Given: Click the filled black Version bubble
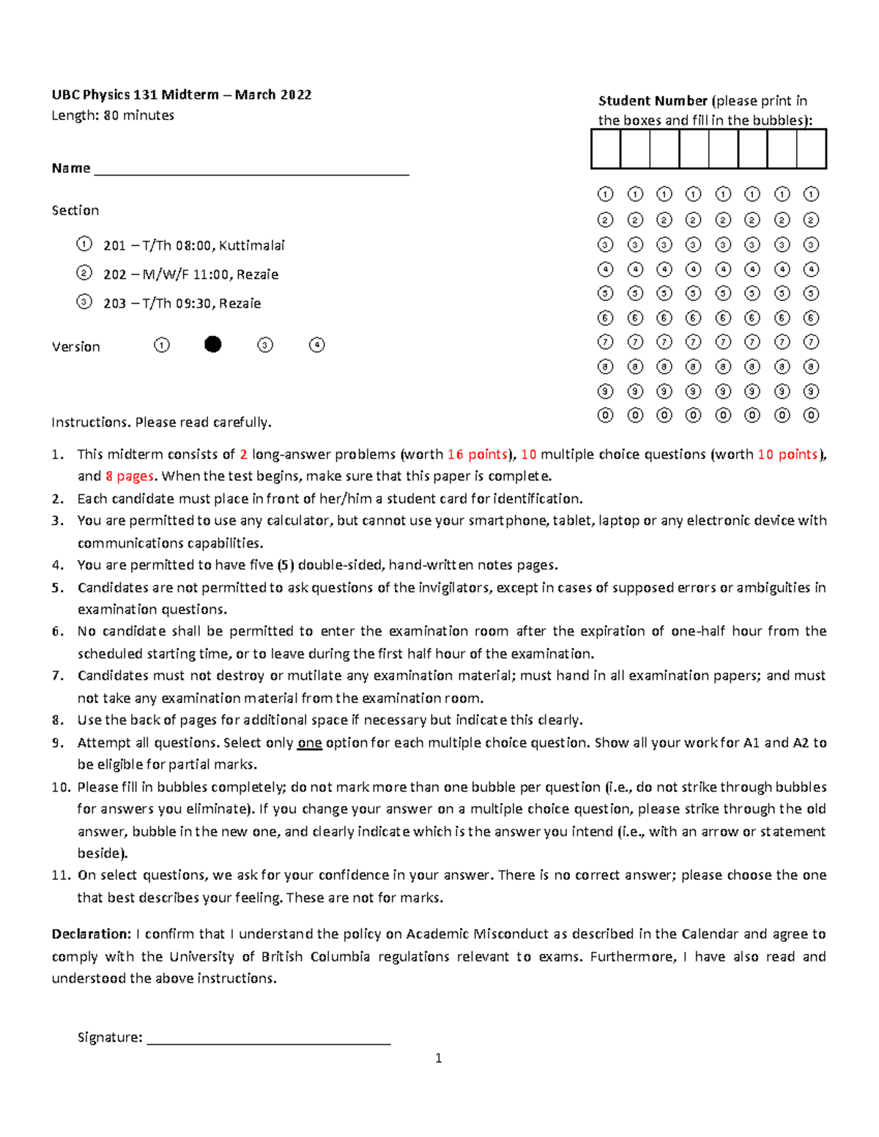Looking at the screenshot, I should tap(212, 344).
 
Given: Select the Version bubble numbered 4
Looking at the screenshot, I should tap(316, 345).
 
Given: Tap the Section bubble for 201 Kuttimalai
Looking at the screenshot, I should tap(84, 244).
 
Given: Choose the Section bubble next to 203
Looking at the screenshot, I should tap(84, 302).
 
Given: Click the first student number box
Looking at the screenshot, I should tap(606, 149).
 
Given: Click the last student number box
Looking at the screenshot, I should tap(811, 149).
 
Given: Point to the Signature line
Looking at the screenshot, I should tap(268, 1037).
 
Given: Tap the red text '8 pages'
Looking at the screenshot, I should tap(130, 477).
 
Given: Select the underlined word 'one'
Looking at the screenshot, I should tap(309, 743).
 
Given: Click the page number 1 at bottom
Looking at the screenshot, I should tap(438, 1058).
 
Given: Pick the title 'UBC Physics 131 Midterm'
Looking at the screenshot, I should tap(136, 94).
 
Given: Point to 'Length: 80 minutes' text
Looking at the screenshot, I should tap(113, 115).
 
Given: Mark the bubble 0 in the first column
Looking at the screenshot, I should tap(605, 415).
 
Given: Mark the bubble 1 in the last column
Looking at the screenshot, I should tap(811, 194).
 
